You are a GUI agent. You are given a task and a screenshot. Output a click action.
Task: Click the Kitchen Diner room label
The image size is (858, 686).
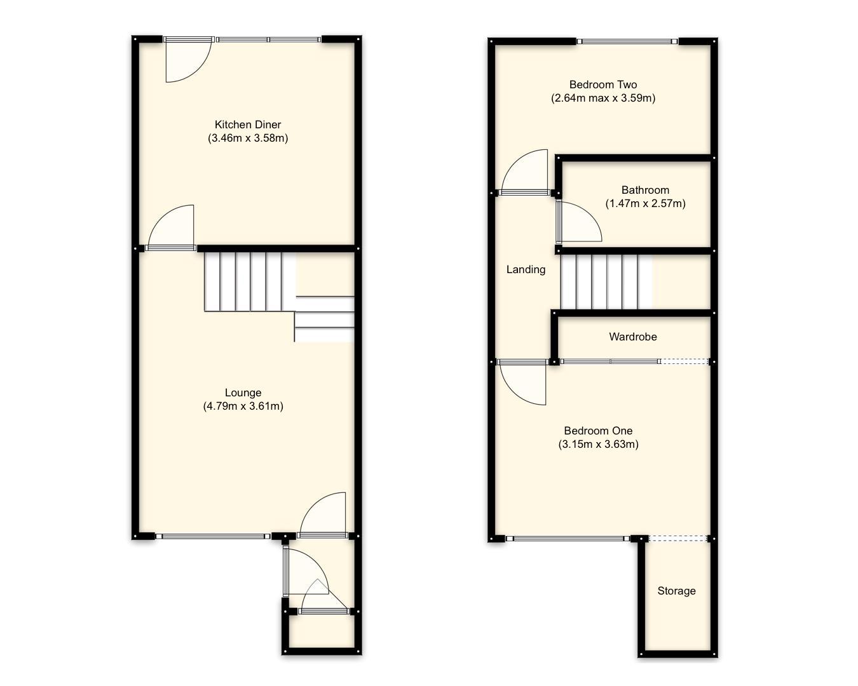point(247,124)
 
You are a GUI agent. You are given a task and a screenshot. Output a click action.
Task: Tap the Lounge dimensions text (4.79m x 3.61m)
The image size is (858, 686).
point(243,407)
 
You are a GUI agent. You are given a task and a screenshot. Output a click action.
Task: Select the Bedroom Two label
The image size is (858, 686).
point(603,84)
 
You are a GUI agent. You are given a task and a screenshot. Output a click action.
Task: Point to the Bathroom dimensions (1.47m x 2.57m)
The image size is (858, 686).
point(645,204)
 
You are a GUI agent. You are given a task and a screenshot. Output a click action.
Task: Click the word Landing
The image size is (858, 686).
point(526,269)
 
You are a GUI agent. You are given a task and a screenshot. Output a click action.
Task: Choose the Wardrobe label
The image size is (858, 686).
point(632,337)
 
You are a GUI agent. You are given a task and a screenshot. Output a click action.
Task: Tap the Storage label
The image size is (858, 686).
point(676,591)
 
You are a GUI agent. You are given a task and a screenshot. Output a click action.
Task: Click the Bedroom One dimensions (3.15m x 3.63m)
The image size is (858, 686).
point(598,445)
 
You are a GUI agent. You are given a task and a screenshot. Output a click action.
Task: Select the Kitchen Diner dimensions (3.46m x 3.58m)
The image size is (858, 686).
point(247,138)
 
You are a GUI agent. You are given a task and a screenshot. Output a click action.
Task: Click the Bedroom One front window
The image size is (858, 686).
point(568,539)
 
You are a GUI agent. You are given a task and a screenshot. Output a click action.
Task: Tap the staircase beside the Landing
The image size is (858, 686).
point(606,281)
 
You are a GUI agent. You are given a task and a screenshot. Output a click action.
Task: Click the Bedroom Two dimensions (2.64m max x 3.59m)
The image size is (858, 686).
point(603,98)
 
